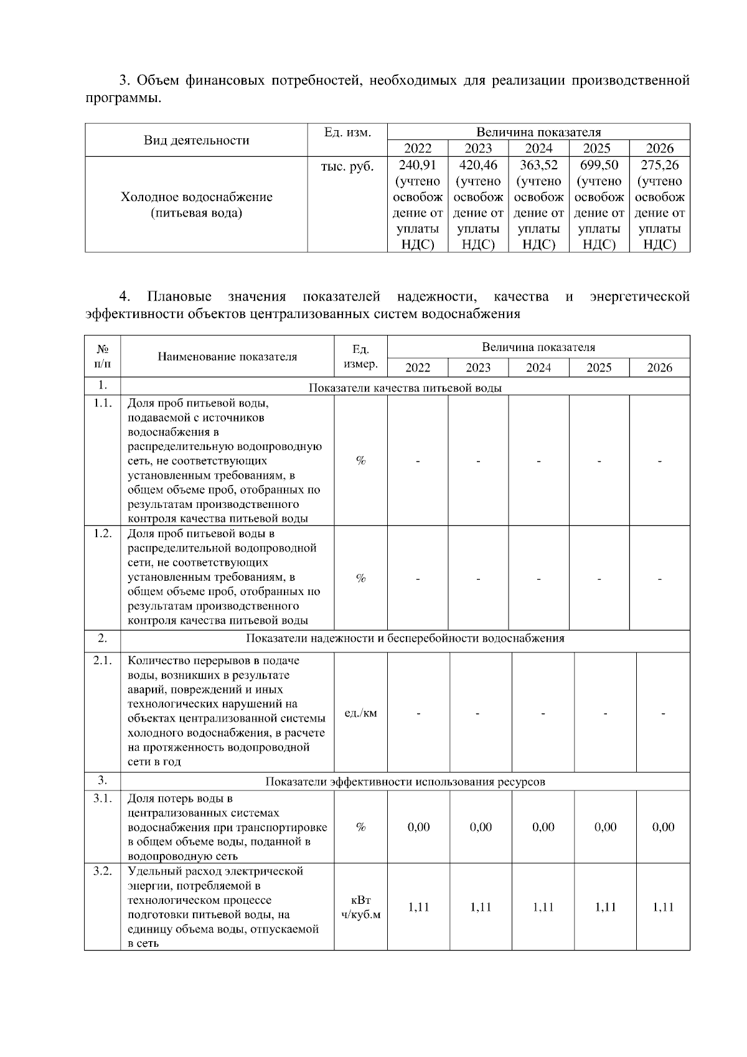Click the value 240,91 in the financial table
pyautogui.click(x=417, y=166)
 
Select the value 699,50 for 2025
pyautogui.click(x=599, y=166)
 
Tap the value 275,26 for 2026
pyautogui.click(x=659, y=166)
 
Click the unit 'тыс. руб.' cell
pyautogui.click(x=347, y=167)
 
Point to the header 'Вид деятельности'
pyautogui.click(x=196, y=140)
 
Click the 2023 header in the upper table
pyautogui.click(x=477, y=148)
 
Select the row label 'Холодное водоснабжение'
pyautogui.click(x=196, y=197)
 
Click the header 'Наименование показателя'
pyautogui.click(x=227, y=357)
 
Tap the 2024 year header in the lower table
pyautogui.click(x=538, y=368)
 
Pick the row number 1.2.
pyautogui.click(x=102, y=534)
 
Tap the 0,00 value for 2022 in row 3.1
pyautogui.click(x=418, y=827)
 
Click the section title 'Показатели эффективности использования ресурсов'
pyautogui.click(x=405, y=782)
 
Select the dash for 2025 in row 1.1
pyautogui.click(x=599, y=461)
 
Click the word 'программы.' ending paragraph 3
pyautogui.click(x=123, y=98)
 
